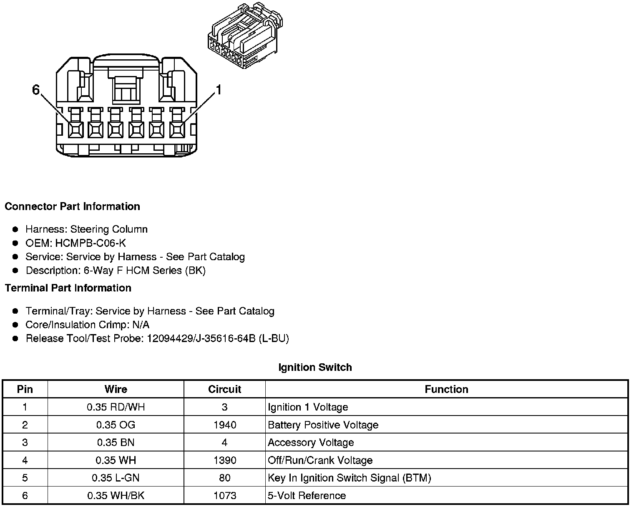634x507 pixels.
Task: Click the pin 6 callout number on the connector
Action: click(36, 89)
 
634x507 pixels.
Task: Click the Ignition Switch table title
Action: click(315, 368)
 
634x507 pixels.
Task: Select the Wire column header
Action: click(116, 389)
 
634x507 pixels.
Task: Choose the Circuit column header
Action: click(224, 389)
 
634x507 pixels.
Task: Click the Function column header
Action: click(446, 389)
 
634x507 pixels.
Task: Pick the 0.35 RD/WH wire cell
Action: click(116, 407)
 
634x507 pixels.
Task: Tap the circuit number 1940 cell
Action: click(224, 425)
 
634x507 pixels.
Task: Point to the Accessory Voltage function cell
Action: click(311, 443)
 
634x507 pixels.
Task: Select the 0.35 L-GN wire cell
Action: click(116, 478)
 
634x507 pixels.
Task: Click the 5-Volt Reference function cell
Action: click(307, 496)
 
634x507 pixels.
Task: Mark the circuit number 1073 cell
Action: click(224, 496)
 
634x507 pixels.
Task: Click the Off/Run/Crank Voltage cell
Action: click(320, 460)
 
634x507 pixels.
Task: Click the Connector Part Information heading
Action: click(72, 207)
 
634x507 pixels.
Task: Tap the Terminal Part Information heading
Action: click(68, 288)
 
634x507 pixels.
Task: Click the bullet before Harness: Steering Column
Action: click(15, 229)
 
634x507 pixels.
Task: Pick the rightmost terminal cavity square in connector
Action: click(177, 129)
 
